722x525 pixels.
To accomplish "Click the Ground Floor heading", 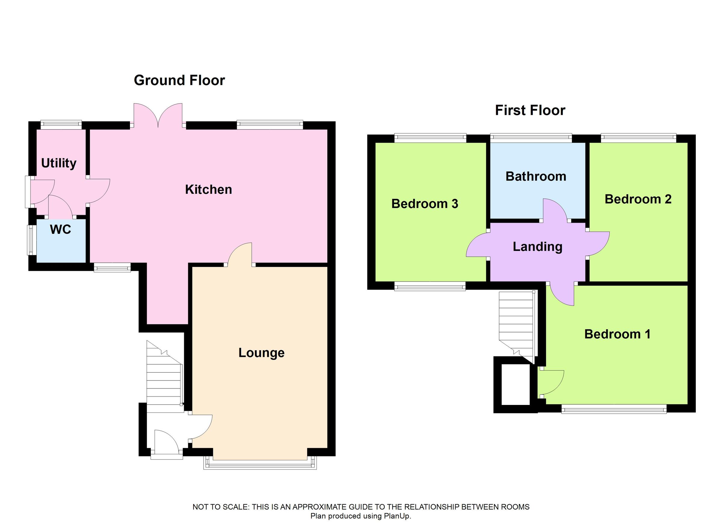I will tap(179, 80).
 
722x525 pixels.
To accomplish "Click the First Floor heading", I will tap(530, 110).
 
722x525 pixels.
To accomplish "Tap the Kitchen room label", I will tap(208, 190).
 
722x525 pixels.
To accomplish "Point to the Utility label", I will tap(59, 163).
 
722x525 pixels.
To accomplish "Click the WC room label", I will tap(60, 229).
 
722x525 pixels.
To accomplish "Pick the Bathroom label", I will tap(536, 176).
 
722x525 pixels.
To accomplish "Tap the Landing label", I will tap(537, 247).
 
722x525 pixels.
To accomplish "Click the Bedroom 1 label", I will tap(617, 334).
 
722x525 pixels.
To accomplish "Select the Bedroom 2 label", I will tap(638, 199).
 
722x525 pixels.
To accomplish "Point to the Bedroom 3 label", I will tap(425, 204).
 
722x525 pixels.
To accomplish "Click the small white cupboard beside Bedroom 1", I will tap(515, 384).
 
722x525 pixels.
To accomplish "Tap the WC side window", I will tap(31, 240).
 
